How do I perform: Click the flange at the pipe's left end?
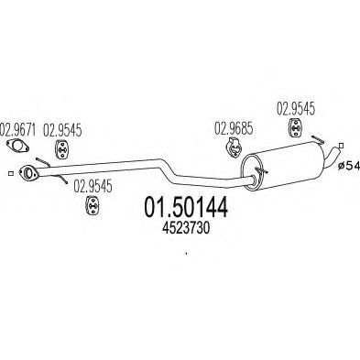(30, 172)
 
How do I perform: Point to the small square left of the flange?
(9, 171)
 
